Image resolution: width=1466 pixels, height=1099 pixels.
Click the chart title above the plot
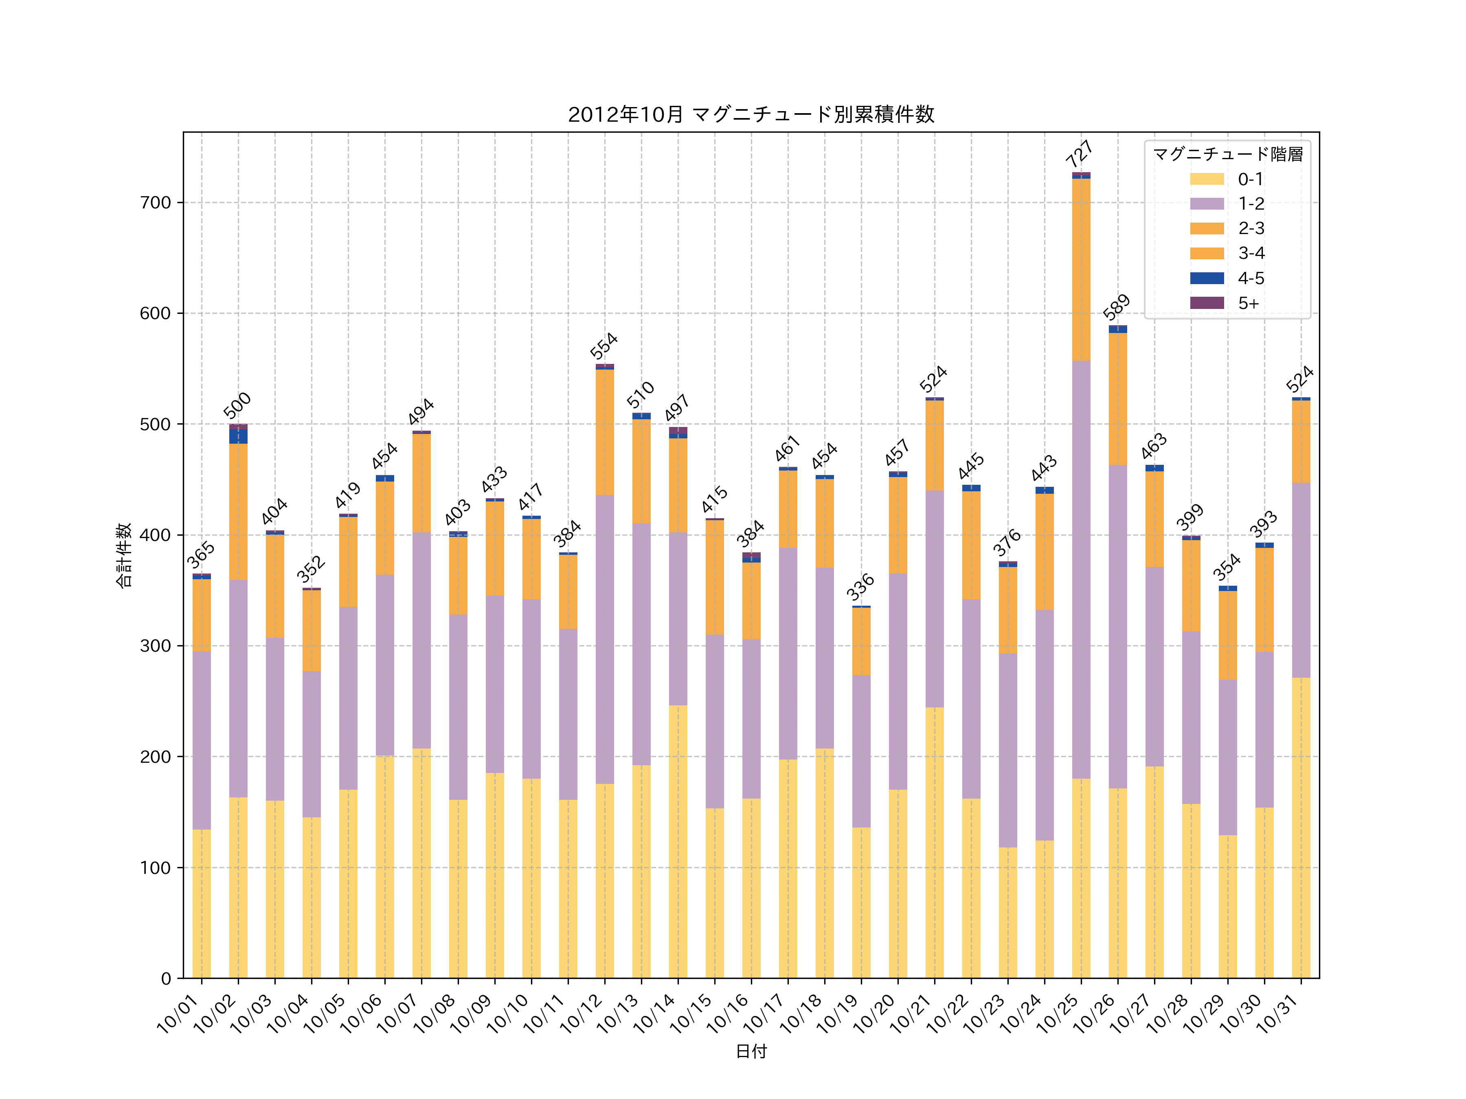click(x=751, y=115)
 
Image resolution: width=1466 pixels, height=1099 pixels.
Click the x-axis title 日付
click(x=751, y=1051)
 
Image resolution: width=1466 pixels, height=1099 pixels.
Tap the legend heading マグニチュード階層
click(x=1227, y=154)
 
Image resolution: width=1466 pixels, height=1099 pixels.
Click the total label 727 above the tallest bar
click(x=1080, y=154)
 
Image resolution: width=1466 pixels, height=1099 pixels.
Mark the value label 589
click(x=1116, y=307)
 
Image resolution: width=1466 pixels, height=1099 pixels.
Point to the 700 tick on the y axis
click(x=155, y=203)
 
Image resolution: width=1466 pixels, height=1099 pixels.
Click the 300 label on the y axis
click(x=155, y=646)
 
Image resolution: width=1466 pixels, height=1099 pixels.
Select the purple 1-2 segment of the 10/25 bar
click(x=1081, y=570)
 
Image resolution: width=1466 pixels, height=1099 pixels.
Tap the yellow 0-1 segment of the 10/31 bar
click(x=1300, y=828)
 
